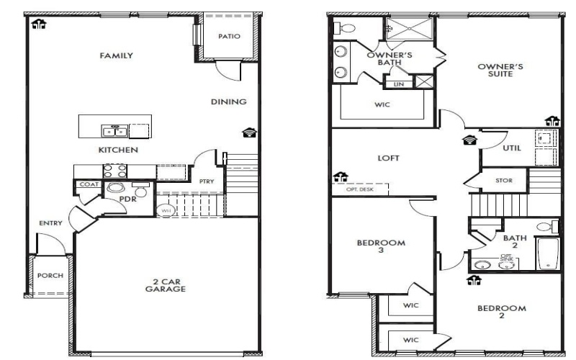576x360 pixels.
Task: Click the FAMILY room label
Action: pyautogui.click(x=117, y=55)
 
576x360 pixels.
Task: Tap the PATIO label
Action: pyautogui.click(x=229, y=35)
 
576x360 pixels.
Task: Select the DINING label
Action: pyautogui.click(x=229, y=102)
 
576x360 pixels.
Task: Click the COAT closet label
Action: pyautogui.click(x=89, y=185)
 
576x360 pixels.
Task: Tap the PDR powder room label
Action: pyautogui.click(x=129, y=199)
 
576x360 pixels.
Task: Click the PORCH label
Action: pyautogui.click(x=50, y=276)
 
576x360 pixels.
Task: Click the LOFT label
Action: pyautogui.click(x=389, y=158)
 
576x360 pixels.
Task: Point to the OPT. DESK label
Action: pyautogui.click(x=361, y=189)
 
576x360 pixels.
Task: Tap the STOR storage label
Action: pyautogui.click(x=505, y=181)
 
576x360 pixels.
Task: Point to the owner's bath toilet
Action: pyautogui.click(x=346, y=29)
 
